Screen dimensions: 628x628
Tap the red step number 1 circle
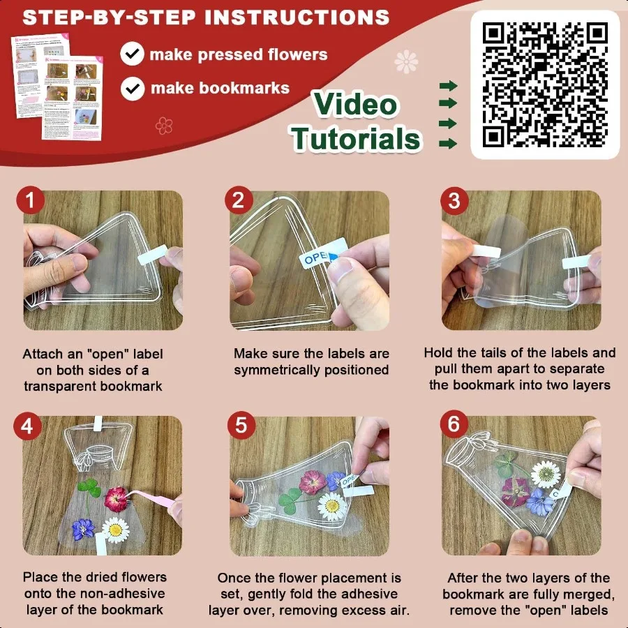click(x=30, y=202)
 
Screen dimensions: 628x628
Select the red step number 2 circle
click(x=238, y=202)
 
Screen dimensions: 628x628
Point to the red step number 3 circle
click(x=454, y=202)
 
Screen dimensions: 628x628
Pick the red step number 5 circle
click(x=241, y=426)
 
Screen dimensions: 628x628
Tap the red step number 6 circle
click(x=454, y=426)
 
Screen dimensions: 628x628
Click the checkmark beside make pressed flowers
click(x=132, y=54)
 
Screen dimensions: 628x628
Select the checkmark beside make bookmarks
click(x=132, y=88)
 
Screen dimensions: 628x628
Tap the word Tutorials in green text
click(x=357, y=138)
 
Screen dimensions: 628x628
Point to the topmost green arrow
click(x=448, y=86)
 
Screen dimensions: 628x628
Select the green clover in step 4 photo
click(x=89, y=489)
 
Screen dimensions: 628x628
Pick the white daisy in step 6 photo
click(x=546, y=474)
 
